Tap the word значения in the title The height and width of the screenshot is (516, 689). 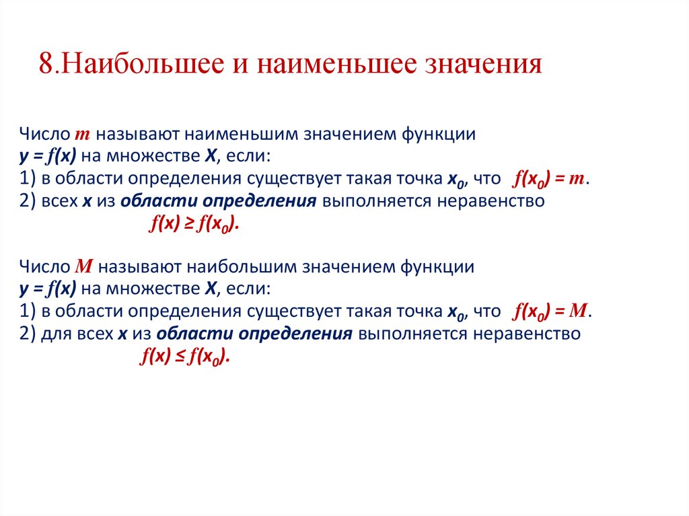(x=482, y=65)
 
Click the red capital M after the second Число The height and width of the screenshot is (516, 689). (x=83, y=266)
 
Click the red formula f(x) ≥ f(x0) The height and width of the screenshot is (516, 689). (x=194, y=226)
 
